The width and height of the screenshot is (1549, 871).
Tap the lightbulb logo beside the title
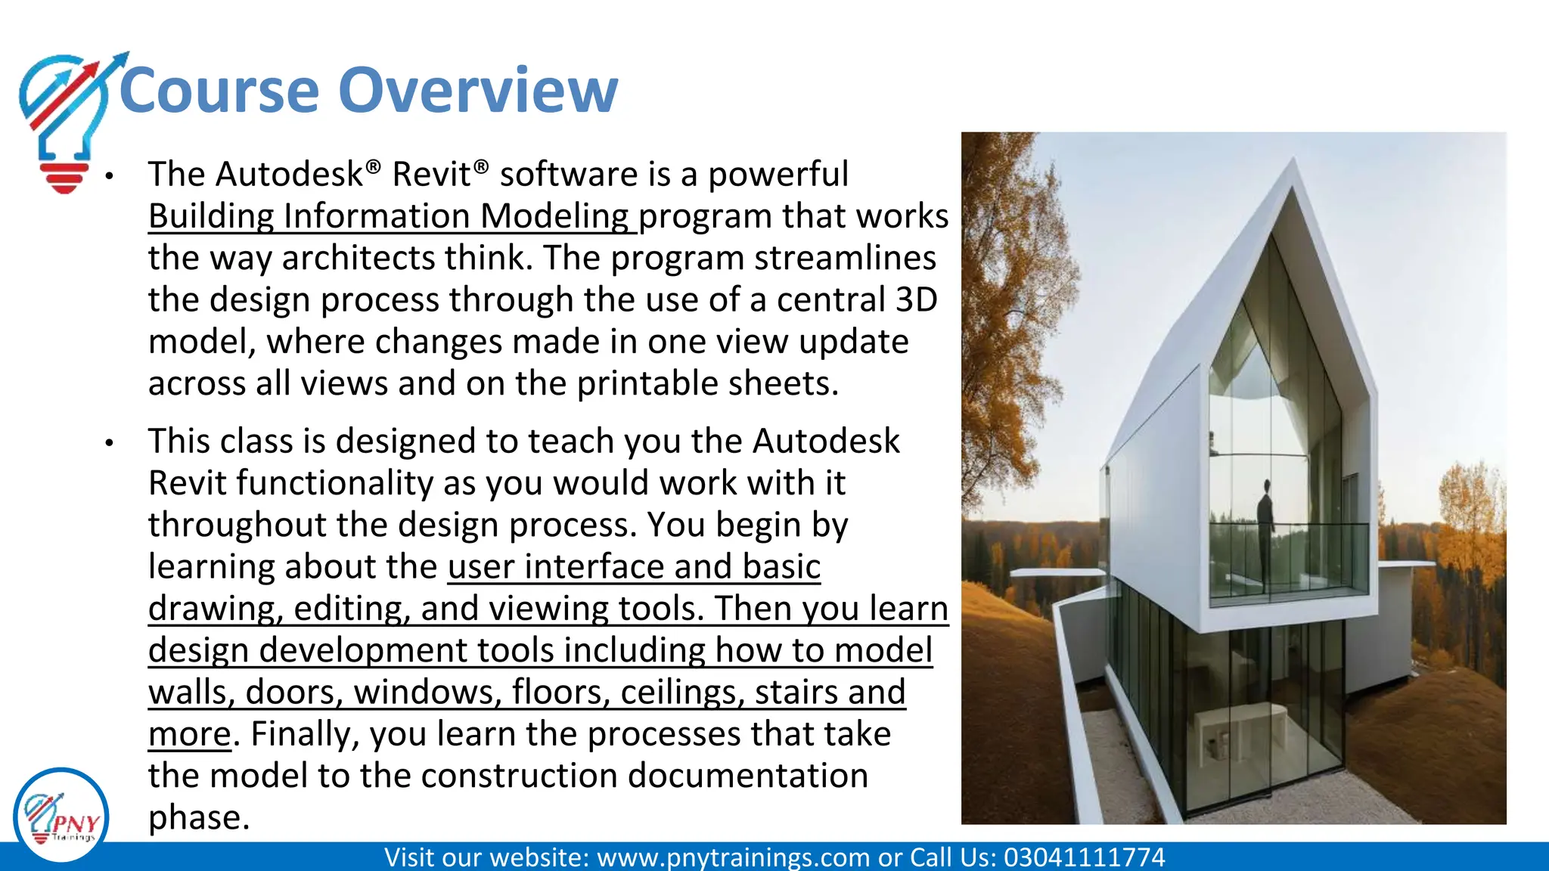click(65, 121)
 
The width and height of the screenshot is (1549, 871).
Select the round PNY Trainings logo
click(61, 817)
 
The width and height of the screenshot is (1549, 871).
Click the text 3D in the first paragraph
click(916, 300)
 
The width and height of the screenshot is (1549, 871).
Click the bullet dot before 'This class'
click(110, 442)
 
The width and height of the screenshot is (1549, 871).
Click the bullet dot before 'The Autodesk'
click(110, 176)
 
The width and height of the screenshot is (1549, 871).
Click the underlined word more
click(189, 734)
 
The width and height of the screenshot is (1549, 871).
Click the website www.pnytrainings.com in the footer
click(733, 857)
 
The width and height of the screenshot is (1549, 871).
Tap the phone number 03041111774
click(1084, 857)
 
